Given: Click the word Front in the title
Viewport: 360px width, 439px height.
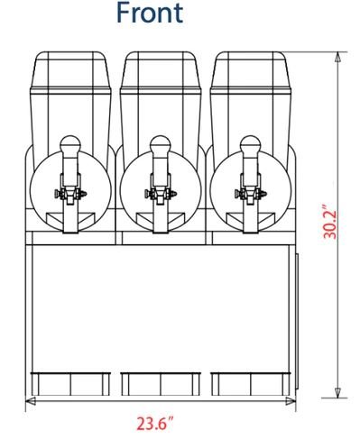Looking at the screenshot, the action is (x=150, y=13).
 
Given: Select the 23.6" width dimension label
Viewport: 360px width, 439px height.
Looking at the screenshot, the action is (x=155, y=423).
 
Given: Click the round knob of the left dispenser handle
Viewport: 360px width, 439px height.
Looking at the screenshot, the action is (x=70, y=145).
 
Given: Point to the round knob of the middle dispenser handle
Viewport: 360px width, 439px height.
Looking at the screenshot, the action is (x=161, y=145).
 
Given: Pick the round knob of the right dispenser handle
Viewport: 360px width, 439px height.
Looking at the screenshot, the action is (x=250, y=145).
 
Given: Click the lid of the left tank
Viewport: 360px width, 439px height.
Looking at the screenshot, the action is (x=70, y=70).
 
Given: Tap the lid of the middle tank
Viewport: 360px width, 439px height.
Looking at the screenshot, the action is (x=161, y=70).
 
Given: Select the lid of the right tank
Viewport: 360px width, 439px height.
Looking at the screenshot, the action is (x=251, y=70).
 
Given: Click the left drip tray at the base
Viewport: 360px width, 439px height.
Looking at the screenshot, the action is (x=70, y=384).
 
